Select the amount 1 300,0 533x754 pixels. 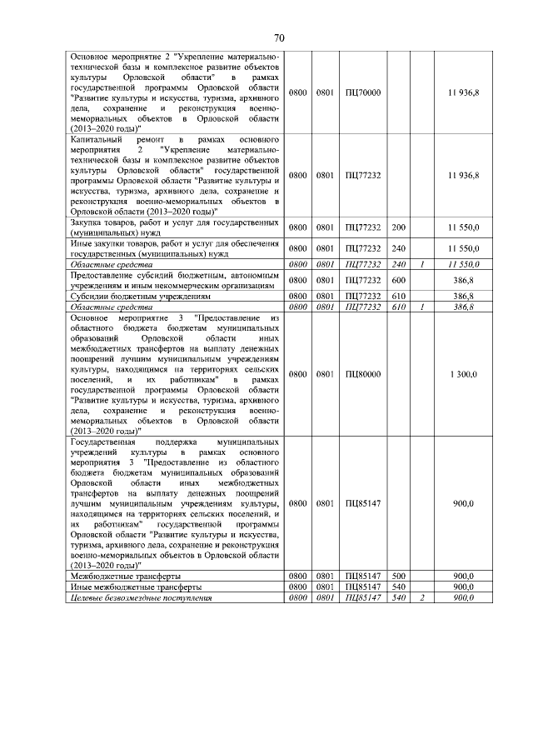[x=463, y=375]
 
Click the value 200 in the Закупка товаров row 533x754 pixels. [x=398, y=227]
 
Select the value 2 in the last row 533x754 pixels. [x=422, y=598]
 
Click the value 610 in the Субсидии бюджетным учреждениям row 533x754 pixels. [x=398, y=296]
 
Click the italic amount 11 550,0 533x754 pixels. [x=463, y=264]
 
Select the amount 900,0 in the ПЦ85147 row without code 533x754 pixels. [x=465, y=504]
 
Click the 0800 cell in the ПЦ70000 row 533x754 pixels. [x=297, y=92]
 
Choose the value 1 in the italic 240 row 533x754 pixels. [x=422, y=264]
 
